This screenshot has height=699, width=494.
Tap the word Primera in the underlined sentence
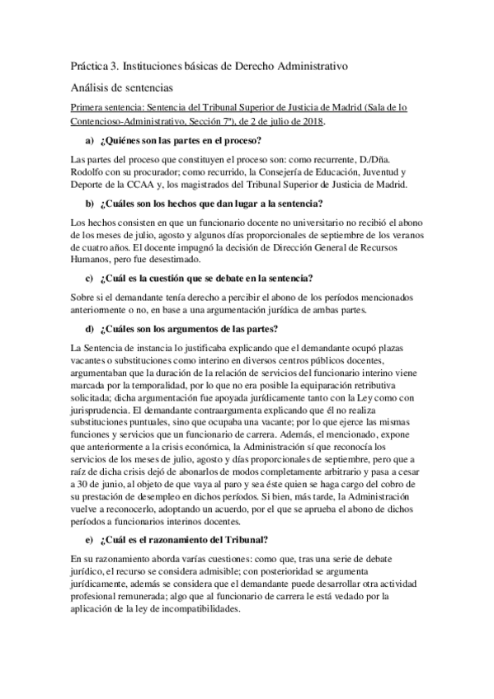tap(88, 108)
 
